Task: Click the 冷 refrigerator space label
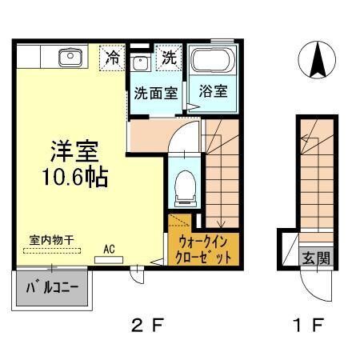[x=114, y=58]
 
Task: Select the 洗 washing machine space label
[x=170, y=58]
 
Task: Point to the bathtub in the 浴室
[x=211, y=62]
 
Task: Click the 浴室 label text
[x=212, y=91]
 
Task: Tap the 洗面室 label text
[x=155, y=92]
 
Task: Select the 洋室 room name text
[x=71, y=150]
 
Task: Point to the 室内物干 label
[x=47, y=239]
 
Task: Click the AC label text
[x=108, y=249]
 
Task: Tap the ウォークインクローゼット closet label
[x=203, y=249]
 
